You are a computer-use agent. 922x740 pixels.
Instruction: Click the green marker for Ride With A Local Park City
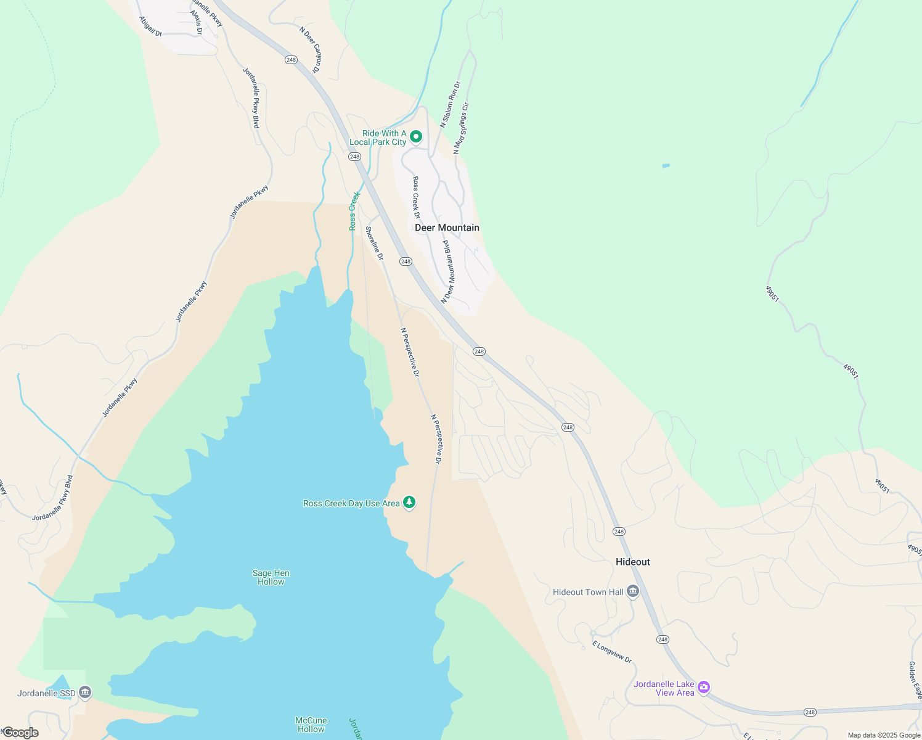(x=416, y=136)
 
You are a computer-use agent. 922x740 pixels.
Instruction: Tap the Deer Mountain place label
(x=447, y=228)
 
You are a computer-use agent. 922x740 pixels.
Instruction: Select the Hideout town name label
(x=633, y=562)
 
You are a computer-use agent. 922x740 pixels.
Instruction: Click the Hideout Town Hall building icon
(x=633, y=592)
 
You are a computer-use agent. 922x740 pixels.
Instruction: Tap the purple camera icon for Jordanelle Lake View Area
(x=704, y=688)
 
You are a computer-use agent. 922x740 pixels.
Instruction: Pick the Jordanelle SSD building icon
(x=86, y=693)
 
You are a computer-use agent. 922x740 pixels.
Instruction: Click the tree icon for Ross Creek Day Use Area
(x=409, y=503)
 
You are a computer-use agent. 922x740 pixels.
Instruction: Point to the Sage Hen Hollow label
(x=271, y=577)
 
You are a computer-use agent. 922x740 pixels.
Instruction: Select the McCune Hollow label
(x=311, y=725)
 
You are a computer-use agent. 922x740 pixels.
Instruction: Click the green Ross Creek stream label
(x=354, y=211)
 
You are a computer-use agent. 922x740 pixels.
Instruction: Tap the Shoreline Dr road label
(x=374, y=243)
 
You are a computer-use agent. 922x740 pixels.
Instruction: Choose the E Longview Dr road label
(x=612, y=652)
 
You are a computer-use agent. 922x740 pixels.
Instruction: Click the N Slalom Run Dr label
(x=450, y=104)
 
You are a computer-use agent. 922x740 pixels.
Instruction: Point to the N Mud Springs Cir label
(x=461, y=128)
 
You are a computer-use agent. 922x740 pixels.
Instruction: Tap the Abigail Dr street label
(x=150, y=27)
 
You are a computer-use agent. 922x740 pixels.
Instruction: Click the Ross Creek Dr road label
(x=416, y=197)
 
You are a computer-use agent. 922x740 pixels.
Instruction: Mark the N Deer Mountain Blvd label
(x=448, y=271)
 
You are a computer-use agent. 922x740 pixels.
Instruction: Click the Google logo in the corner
(x=20, y=733)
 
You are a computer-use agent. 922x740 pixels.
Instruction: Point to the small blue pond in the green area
(x=666, y=165)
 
